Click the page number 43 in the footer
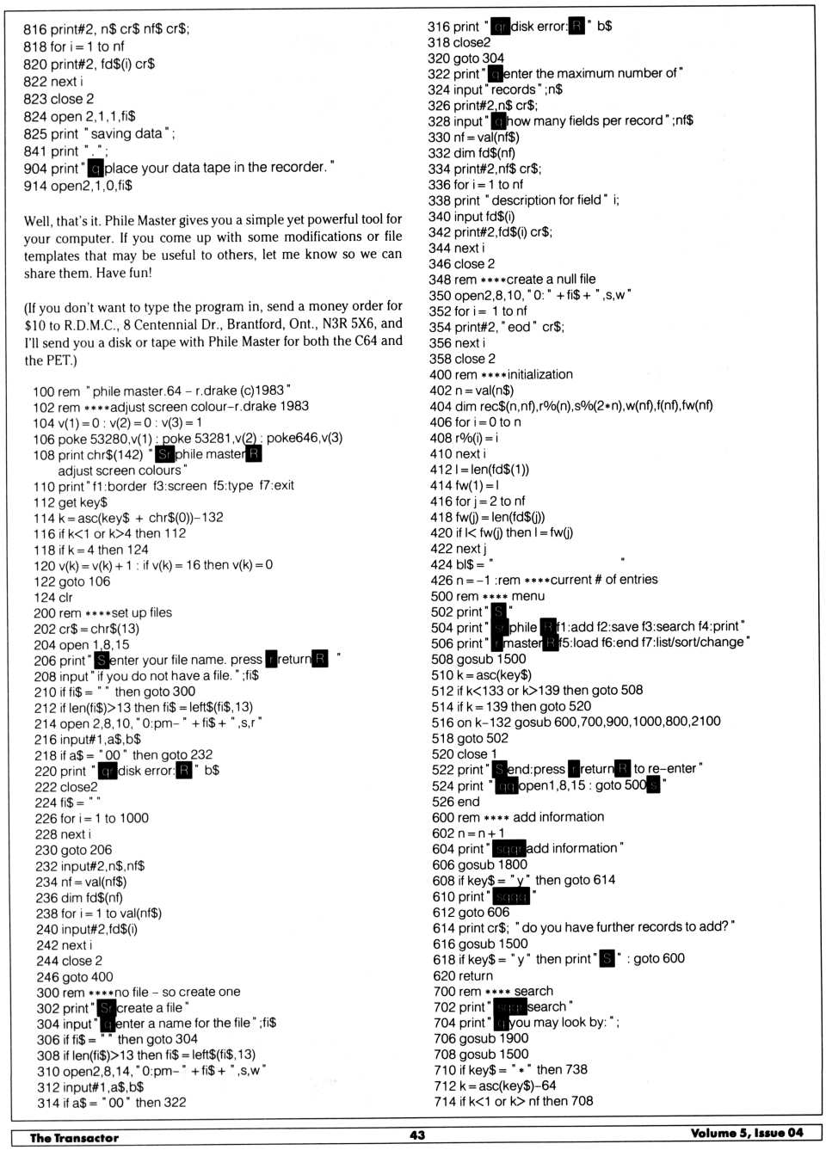pyautogui.click(x=417, y=1135)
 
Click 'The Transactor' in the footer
pyautogui.click(x=74, y=1138)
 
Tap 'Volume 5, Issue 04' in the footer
pyautogui.click(x=746, y=1133)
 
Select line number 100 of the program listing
pyautogui.click(x=44, y=391)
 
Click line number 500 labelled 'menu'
pyautogui.click(x=442, y=596)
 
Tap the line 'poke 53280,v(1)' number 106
pyautogui.click(x=44, y=439)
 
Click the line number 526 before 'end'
pyautogui.click(x=443, y=802)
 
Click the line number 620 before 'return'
pyautogui.click(x=444, y=976)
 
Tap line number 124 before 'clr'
pyautogui.click(x=44, y=598)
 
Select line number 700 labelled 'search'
pyautogui.click(x=444, y=992)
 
